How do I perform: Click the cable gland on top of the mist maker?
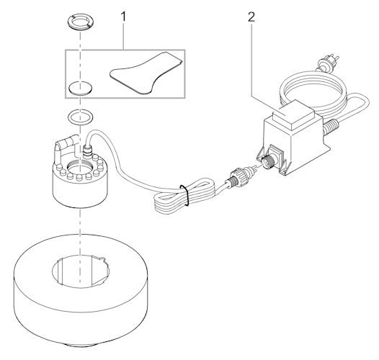tap(89, 151)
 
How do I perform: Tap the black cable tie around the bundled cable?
tap(185, 194)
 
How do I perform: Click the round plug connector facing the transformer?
tap(237, 176)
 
